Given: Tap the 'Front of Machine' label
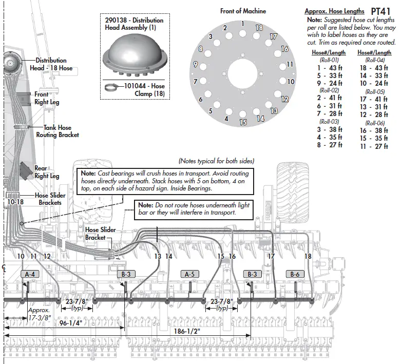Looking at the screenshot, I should [x=243, y=11].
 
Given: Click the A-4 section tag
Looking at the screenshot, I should [x=30, y=274].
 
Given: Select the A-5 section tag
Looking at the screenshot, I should [x=189, y=274].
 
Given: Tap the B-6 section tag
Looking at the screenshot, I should [x=295, y=274].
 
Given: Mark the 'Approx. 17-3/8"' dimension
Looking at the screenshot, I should [x=39, y=314].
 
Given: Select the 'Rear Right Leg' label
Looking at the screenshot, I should [x=47, y=172].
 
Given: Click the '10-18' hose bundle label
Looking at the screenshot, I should [x=15, y=202].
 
